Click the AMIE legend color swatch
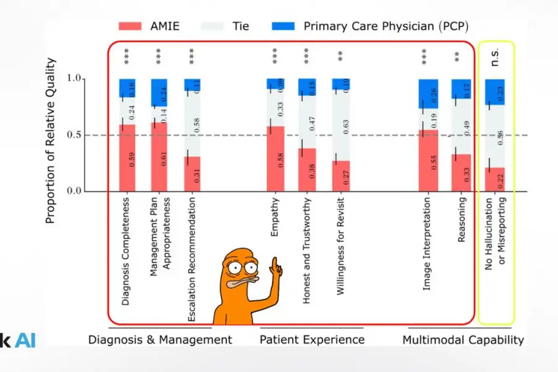(131, 27)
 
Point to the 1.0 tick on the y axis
(74, 79)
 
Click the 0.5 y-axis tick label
(74, 135)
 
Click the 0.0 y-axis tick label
(74, 191)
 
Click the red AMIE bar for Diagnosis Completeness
(127, 158)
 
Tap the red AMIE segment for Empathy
(275, 159)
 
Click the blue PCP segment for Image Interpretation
(428, 94)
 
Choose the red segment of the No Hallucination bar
(495, 179)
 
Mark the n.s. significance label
(495, 57)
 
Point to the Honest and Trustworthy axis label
(307, 251)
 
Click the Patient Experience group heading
(312, 340)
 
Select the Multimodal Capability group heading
(463, 340)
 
